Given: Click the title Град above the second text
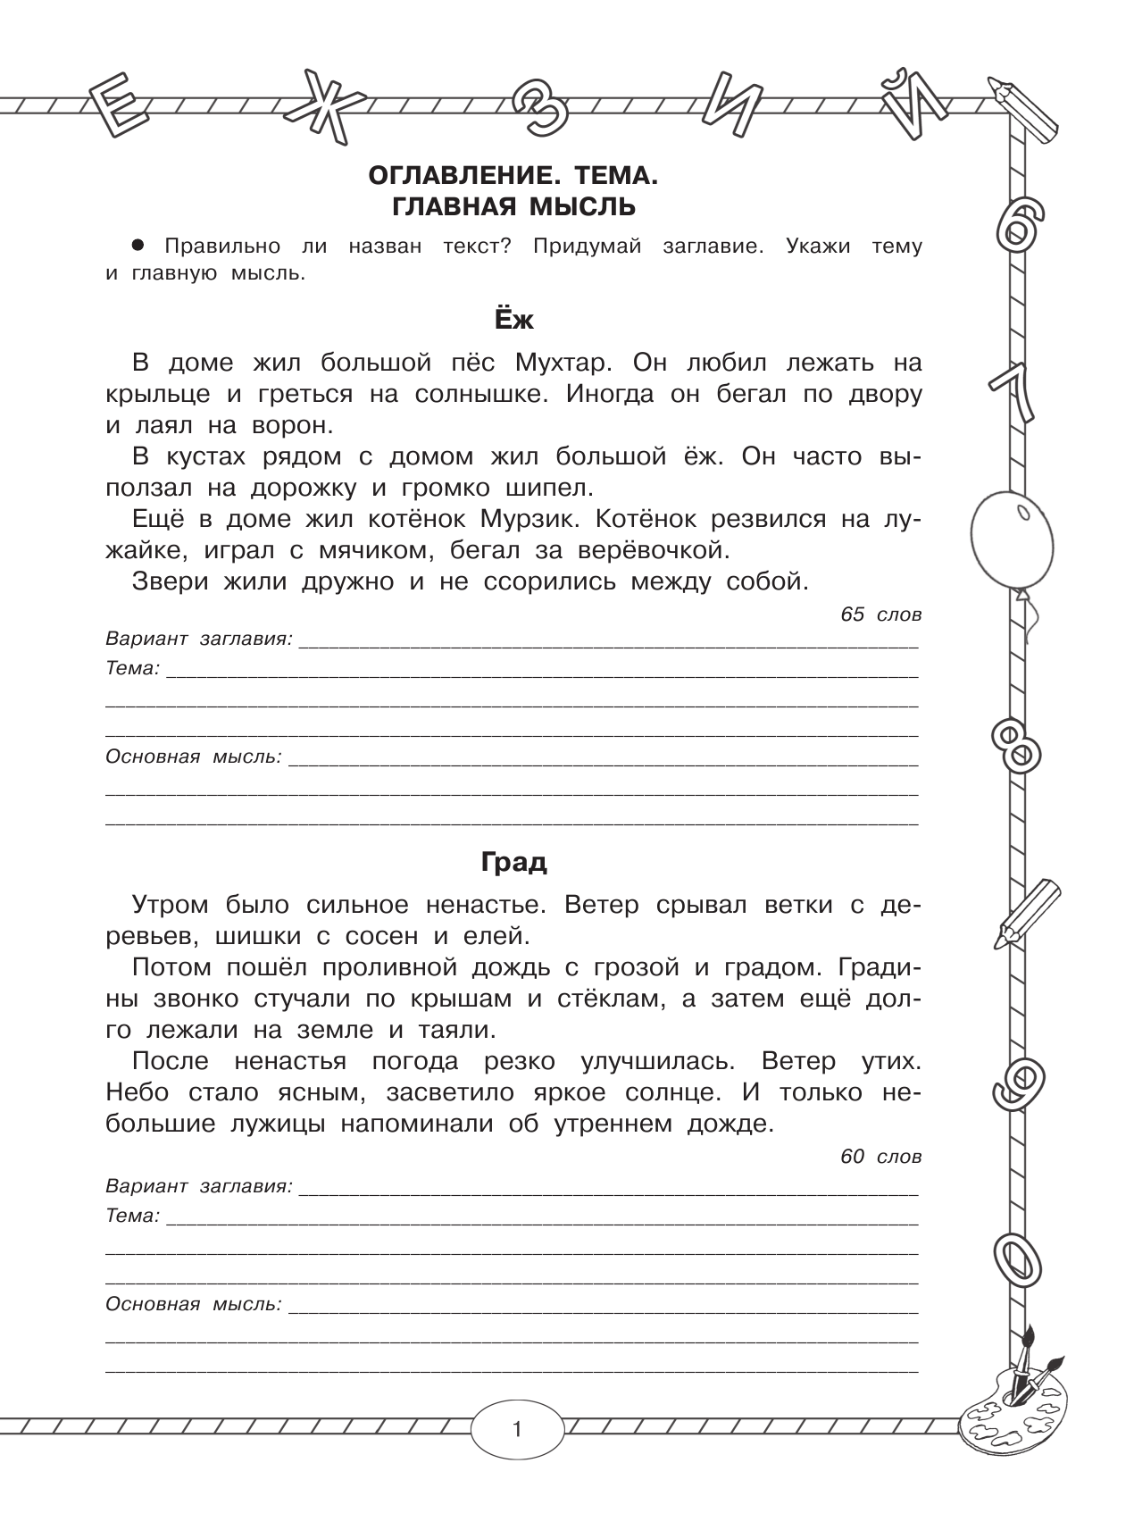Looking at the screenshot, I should [513, 862].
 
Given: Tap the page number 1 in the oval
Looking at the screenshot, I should [517, 1430].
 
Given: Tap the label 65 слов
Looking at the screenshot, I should [880, 615].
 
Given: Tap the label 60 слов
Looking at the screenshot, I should [880, 1157].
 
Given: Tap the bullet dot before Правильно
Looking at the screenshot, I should [138, 245].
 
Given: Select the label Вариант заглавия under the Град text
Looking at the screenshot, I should [198, 1187].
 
